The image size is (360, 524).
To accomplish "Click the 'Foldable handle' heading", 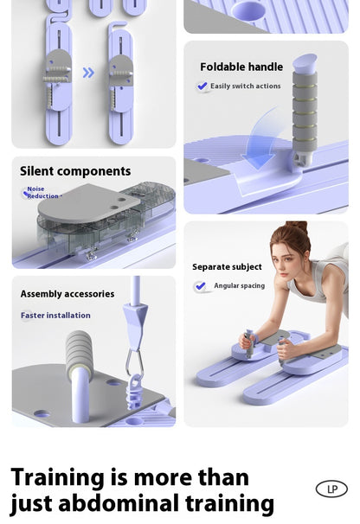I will (x=241, y=67).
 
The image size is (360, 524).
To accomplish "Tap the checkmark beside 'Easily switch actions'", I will (x=202, y=86).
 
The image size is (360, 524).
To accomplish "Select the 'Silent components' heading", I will (x=75, y=171).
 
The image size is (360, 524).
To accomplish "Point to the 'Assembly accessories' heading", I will (x=67, y=294).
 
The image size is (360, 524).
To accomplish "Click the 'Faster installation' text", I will (x=55, y=316).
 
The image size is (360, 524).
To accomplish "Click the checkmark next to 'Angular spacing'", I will (x=202, y=286).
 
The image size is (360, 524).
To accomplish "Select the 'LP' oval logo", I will (x=331, y=489).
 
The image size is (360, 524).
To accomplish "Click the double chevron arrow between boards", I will (x=88, y=73).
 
